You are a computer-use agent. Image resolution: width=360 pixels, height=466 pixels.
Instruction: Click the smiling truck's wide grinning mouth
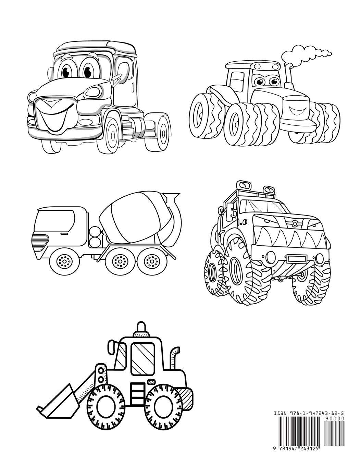(x=55, y=116)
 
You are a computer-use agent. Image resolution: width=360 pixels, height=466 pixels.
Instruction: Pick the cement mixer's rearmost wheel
(x=149, y=262)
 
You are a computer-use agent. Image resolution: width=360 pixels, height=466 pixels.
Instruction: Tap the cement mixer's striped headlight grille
(x=40, y=241)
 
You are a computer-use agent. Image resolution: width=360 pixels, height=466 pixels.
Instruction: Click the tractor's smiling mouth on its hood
(x=295, y=111)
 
